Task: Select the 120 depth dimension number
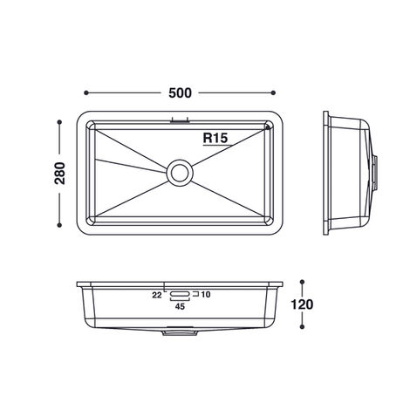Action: [x=303, y=305]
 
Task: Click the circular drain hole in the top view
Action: [x=181, y=171]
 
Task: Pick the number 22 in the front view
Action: [x=157, y=295]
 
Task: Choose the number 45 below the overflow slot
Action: [x=181, y=307]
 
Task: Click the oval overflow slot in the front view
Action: [x=181, y=295]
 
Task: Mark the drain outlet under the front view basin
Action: [x=181, y=332]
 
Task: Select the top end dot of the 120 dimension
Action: [x=303, y=282]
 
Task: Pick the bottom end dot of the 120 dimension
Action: [x=303, y=329]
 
